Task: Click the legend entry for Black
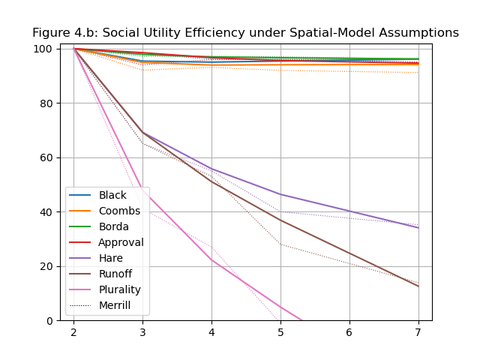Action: [112, 195]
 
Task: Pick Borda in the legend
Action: [113, 226]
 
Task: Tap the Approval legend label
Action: [121, 242]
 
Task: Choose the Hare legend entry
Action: [111, 258]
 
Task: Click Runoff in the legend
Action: [115, 274]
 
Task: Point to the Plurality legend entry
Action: [119, 289]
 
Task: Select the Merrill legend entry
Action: [115, 305]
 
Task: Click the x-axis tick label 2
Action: [73, 332]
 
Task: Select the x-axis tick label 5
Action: [280, 332]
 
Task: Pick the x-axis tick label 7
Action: [418, 332]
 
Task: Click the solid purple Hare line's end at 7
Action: [418, 227]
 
